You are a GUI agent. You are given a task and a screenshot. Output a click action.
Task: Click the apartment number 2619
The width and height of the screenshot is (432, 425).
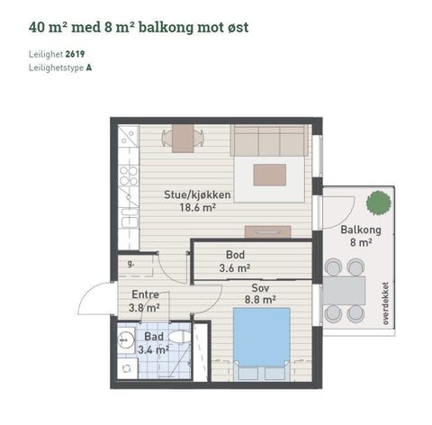point(76,54)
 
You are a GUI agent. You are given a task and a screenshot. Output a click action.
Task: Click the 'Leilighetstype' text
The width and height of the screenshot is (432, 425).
point(56,68)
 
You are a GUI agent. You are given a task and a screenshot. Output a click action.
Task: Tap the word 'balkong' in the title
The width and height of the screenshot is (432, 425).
point(152,26)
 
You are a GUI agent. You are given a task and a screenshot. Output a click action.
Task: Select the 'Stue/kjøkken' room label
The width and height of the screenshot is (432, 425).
point(197,194)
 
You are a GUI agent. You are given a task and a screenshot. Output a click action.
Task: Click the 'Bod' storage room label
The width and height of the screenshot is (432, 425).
point(235,255)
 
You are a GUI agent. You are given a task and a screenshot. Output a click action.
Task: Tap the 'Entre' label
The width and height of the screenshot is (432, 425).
point(145,294)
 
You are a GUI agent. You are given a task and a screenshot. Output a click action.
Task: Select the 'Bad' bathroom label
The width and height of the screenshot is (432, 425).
point(152,336)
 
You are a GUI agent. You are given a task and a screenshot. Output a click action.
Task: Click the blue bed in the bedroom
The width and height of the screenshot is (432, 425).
point(262,338)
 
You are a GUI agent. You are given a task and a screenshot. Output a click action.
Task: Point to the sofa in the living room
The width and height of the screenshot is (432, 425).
point(268,140)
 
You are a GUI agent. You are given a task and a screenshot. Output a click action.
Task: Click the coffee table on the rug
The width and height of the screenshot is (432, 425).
point(269,174)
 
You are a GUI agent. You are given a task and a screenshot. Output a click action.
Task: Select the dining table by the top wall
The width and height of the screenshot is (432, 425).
point(183,138)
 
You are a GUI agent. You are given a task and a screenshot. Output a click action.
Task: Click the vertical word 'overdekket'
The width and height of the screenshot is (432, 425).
point(386,301)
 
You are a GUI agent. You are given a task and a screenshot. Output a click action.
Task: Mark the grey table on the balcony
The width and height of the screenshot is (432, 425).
point(345,290)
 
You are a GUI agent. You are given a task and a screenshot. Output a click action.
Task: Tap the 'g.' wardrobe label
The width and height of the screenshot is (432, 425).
point(131,264)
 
